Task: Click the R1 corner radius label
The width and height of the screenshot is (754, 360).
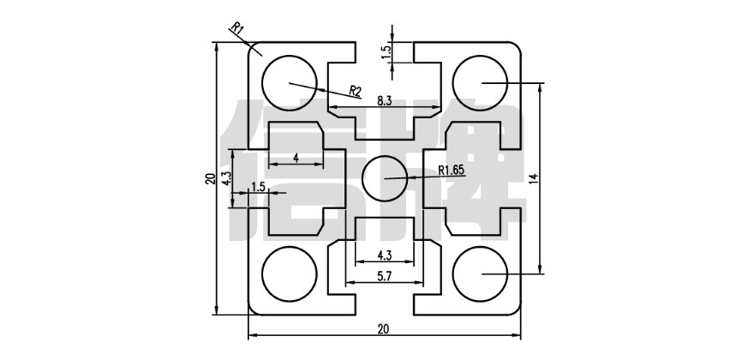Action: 238,29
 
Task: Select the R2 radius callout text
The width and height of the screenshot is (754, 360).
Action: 355,90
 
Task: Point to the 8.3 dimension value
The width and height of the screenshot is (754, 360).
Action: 384,100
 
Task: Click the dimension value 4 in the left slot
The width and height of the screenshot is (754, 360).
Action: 296,158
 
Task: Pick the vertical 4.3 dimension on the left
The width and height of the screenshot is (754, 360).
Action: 224,179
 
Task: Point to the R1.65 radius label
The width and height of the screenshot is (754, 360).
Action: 451,171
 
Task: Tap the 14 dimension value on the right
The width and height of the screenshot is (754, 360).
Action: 533,179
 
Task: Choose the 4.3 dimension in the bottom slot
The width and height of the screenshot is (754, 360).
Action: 384,255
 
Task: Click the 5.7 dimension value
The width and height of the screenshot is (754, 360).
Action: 384,277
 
